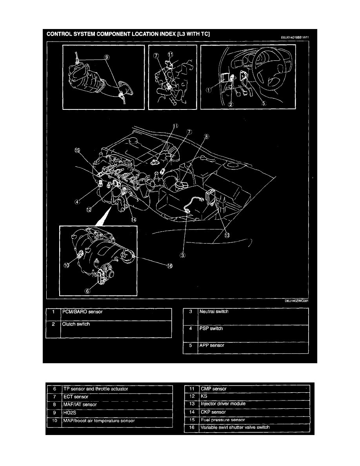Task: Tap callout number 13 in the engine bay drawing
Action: (x=227, y=235)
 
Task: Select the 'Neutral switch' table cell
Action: (x=214, y=312)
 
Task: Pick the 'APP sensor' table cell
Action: (x=212, y=346)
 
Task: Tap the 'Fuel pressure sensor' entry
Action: (x=222, y=420)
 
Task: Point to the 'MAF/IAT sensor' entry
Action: (x=80, y=404)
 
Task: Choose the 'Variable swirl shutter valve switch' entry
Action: (x=235, y=427)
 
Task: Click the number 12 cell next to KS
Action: (x=192, y=396)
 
